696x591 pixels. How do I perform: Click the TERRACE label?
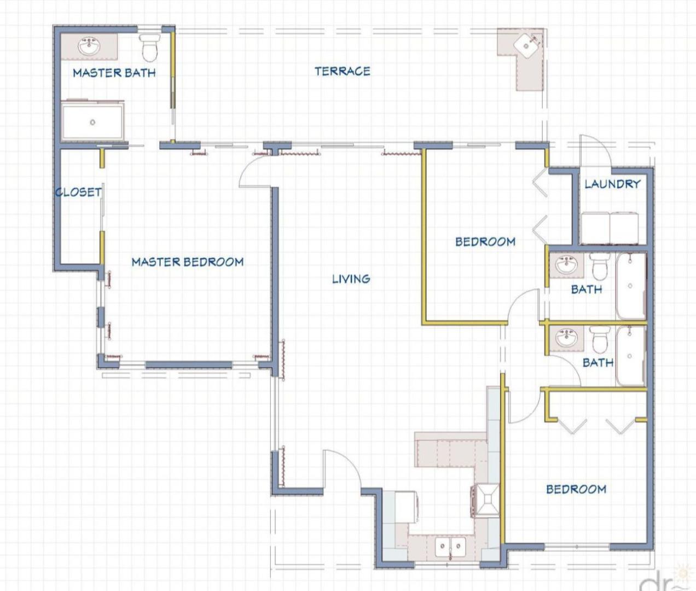click(x=343, y=71)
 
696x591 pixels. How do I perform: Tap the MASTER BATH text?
click(x=114, y=73)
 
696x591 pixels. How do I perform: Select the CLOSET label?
click(x=78, y=192)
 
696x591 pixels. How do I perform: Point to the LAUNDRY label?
click(x=612, y=184)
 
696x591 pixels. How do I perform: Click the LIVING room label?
click(x=351, y=279)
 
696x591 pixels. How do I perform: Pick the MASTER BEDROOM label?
click(x=188, y=262)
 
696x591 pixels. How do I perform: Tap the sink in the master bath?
click(x=89, y=47)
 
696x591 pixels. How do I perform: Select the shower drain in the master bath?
click(x=92, y=122)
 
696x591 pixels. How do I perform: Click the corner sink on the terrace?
click(x=526, y=45)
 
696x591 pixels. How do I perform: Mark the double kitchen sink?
click(x=450, y=547)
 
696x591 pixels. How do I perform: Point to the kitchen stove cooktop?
click(x=485, y=500)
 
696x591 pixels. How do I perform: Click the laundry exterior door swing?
click(x=595, y=150)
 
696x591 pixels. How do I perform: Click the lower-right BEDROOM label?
click(x=576, y=489)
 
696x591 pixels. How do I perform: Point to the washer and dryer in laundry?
click(x=610, y=228)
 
